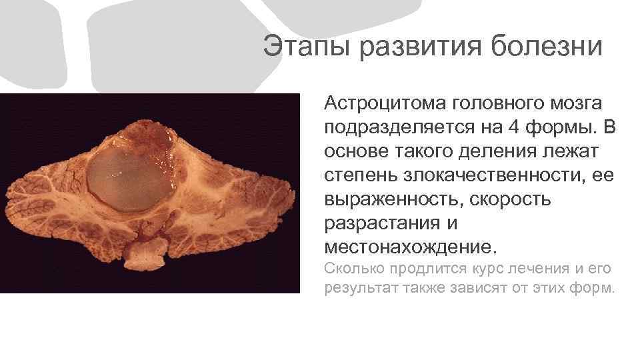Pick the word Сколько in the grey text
(351, 269)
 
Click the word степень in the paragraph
(363, 175)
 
